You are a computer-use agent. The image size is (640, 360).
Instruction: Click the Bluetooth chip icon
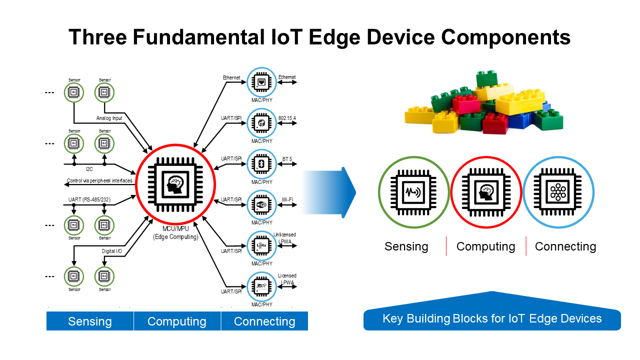click(260, 163)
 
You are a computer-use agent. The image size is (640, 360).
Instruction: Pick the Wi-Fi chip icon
click(260, 204)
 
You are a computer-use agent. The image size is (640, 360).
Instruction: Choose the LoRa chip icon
click(260, 245)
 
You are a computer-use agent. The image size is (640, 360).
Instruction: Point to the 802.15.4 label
click(287, 118)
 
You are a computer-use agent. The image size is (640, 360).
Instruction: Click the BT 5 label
click(287, 159)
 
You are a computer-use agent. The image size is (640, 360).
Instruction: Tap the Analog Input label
click(109, 118)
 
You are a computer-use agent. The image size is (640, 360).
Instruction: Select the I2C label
click(89, 169)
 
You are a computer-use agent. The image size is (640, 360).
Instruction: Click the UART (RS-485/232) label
click(90, 199)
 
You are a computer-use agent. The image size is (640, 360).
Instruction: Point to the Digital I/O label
click(111, 250)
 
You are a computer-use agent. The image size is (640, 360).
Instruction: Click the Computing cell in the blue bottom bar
click(177, 321)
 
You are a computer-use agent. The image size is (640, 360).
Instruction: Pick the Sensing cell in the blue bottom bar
click(90, 321)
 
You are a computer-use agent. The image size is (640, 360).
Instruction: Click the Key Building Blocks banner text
click(492, 318)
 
